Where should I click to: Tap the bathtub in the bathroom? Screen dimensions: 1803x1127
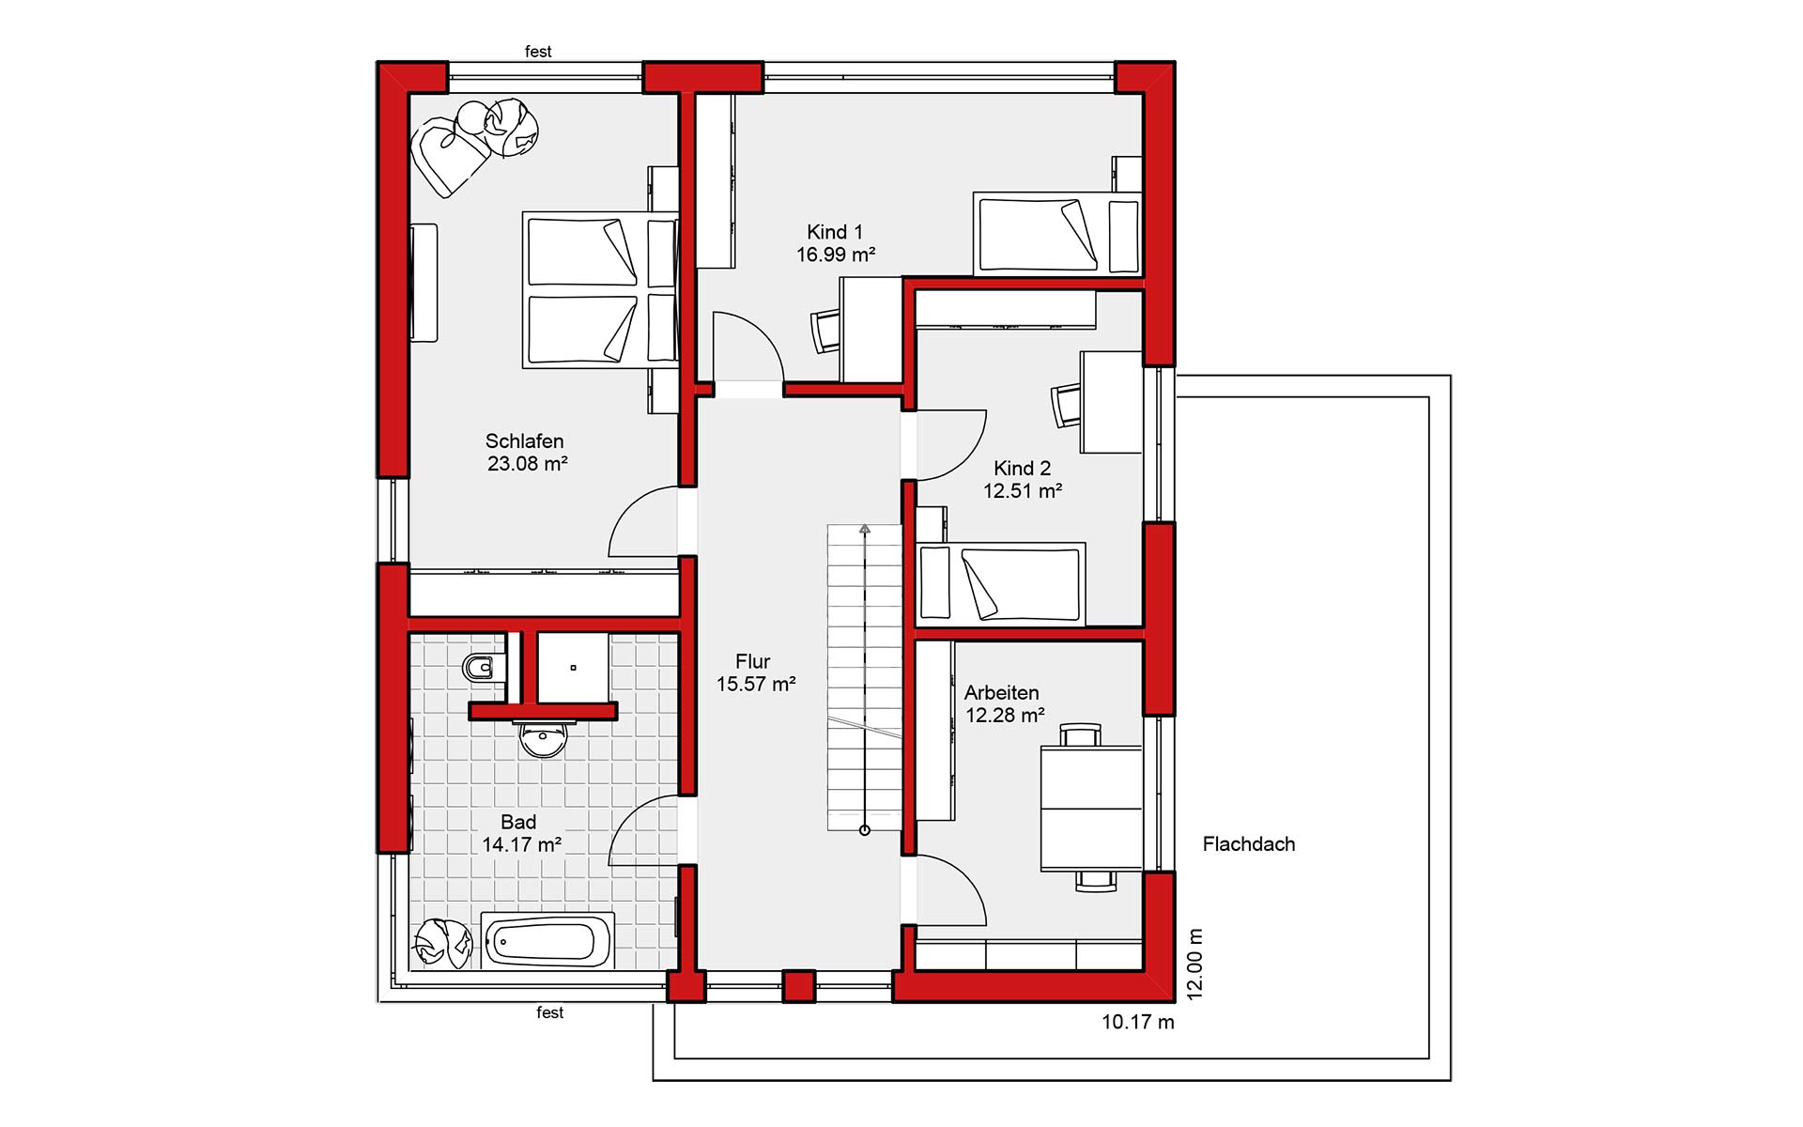pos(548,939)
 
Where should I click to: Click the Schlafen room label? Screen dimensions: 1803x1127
pos(524,440)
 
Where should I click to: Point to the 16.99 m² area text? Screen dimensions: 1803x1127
pos(836,255)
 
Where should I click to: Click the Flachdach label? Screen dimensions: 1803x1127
pos(1249,844)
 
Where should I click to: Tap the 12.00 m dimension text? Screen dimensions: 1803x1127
pos(1194,964)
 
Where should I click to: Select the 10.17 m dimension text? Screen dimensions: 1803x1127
pos(1138,1022)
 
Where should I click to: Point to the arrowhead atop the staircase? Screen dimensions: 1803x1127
pos(865,530)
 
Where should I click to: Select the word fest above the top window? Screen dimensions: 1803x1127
pos(538,52)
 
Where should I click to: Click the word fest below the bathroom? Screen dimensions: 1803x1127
pos(550,1012)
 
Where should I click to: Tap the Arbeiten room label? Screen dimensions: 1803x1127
pos(1001,692)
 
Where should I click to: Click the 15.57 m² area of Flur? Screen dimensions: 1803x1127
pos(756,684)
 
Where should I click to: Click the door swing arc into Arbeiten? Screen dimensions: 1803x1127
pos(967,880)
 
